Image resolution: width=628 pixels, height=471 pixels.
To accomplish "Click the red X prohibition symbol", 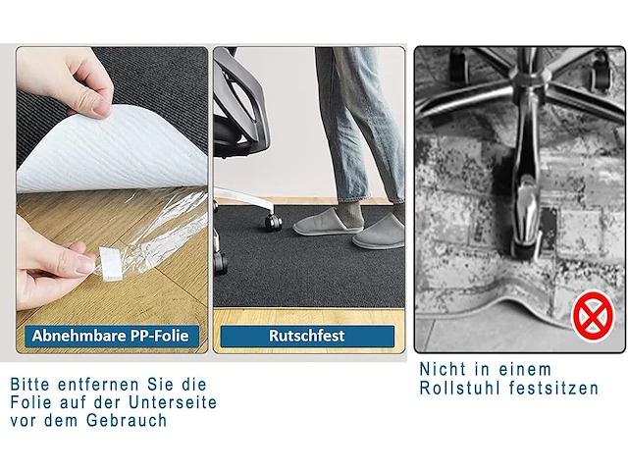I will coord(590,316).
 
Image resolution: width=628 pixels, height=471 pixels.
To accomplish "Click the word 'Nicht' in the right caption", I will coord(441,370).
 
